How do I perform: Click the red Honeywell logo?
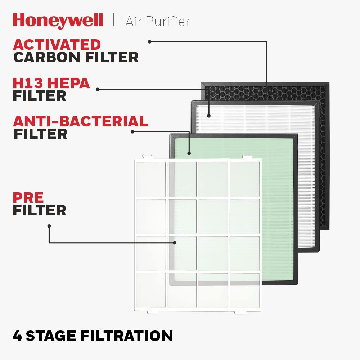click(x=58, y=21)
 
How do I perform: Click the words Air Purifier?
click(x=158, y=21)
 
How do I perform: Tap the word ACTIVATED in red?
click(x=57, y=45)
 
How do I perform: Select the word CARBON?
click(x=46, y=57)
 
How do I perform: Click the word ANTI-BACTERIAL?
click(x=81, y=121)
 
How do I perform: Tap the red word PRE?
click(x=28, y=197)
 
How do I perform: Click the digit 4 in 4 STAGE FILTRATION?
click(x=17, y=336)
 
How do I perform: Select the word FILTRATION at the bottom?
click(x=126, y=336)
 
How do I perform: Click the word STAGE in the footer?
click(x=51, y=336)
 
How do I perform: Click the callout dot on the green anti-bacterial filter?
click(x=189, y=153)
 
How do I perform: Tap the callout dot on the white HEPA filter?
click(x=209, y=116)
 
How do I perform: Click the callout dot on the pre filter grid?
click(x=175, y=243)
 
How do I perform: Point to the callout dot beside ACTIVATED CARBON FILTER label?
click(x=150, y=42)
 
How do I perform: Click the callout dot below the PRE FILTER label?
click(x=49, y=226)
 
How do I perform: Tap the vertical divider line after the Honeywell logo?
click(x=114, y=20)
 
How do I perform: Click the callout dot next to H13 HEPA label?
click(x=98, y=89)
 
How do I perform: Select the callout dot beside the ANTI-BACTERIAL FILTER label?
click(x=132, y=131)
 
